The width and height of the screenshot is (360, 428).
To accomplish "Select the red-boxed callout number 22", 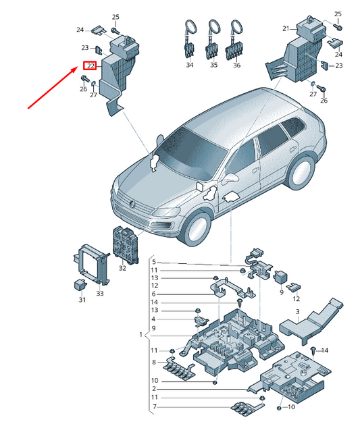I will [89, 66].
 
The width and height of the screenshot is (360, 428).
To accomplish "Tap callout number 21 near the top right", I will [286, 28].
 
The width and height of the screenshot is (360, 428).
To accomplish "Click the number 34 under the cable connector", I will [190, 65].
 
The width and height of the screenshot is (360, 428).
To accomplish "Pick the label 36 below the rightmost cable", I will [237, 65].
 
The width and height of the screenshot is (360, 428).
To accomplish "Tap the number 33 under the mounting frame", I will [99, 293].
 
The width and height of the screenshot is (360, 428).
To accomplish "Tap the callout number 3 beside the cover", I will [297, 311].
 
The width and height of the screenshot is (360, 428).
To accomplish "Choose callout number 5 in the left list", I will [153, 262].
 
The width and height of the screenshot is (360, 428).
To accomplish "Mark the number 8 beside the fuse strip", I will [153, 363].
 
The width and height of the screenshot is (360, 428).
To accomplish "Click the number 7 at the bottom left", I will [153, 407].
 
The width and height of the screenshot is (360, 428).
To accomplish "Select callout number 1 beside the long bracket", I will [141, 335].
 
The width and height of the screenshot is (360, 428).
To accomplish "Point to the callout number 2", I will [153, 389].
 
